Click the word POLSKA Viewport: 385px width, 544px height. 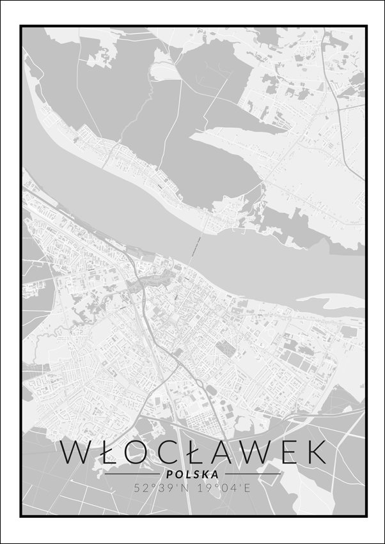pos(191,474)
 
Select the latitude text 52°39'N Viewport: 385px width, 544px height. pos(159,488)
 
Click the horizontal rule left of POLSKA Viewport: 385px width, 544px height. pos(132,474)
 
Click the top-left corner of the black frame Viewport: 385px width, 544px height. pos(20,26)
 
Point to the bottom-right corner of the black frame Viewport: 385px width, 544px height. pos(366,515)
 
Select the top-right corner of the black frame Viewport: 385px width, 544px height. pos(366,26)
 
